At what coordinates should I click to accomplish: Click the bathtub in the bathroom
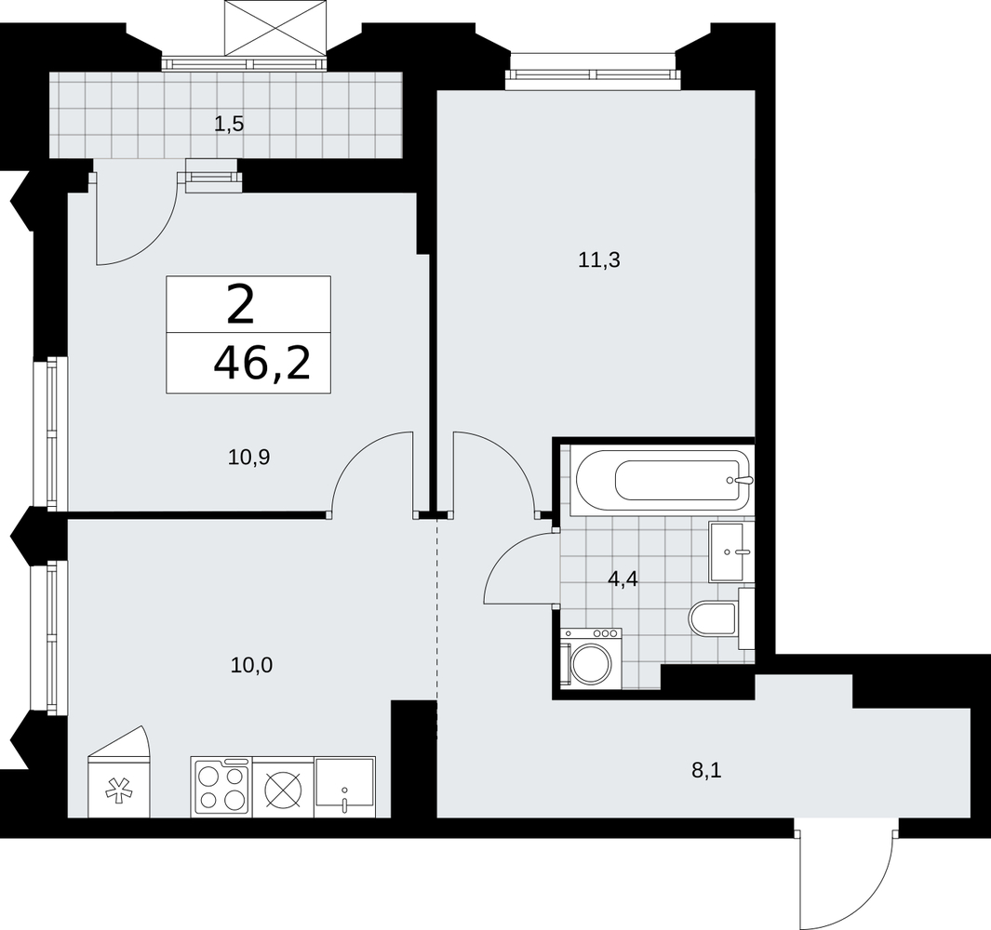tap(662, 480)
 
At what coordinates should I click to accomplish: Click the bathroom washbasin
tap(731, 551)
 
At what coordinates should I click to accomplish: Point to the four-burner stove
tap(221, 787)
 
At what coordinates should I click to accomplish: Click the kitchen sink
tap(345, 787)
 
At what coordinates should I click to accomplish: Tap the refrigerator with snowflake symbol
tap(119, 772)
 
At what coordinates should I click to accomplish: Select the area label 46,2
tap(261, 364)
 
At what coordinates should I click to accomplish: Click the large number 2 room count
tap(239, 304)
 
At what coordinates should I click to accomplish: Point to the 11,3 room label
tap(599, 259)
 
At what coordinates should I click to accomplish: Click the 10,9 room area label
tap(249, 457)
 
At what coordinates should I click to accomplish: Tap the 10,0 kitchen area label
tap(251, 665)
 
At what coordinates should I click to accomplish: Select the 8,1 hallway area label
tap(706, 770)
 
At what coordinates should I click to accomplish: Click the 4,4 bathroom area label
tap(623, 578)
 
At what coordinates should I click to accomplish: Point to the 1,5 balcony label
tap(229, 124)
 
